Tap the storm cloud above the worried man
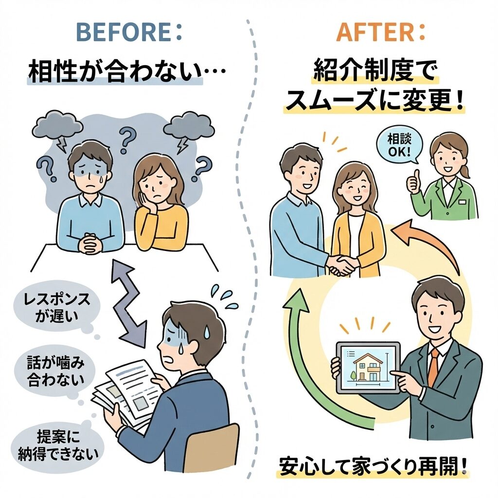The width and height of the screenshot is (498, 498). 57,124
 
